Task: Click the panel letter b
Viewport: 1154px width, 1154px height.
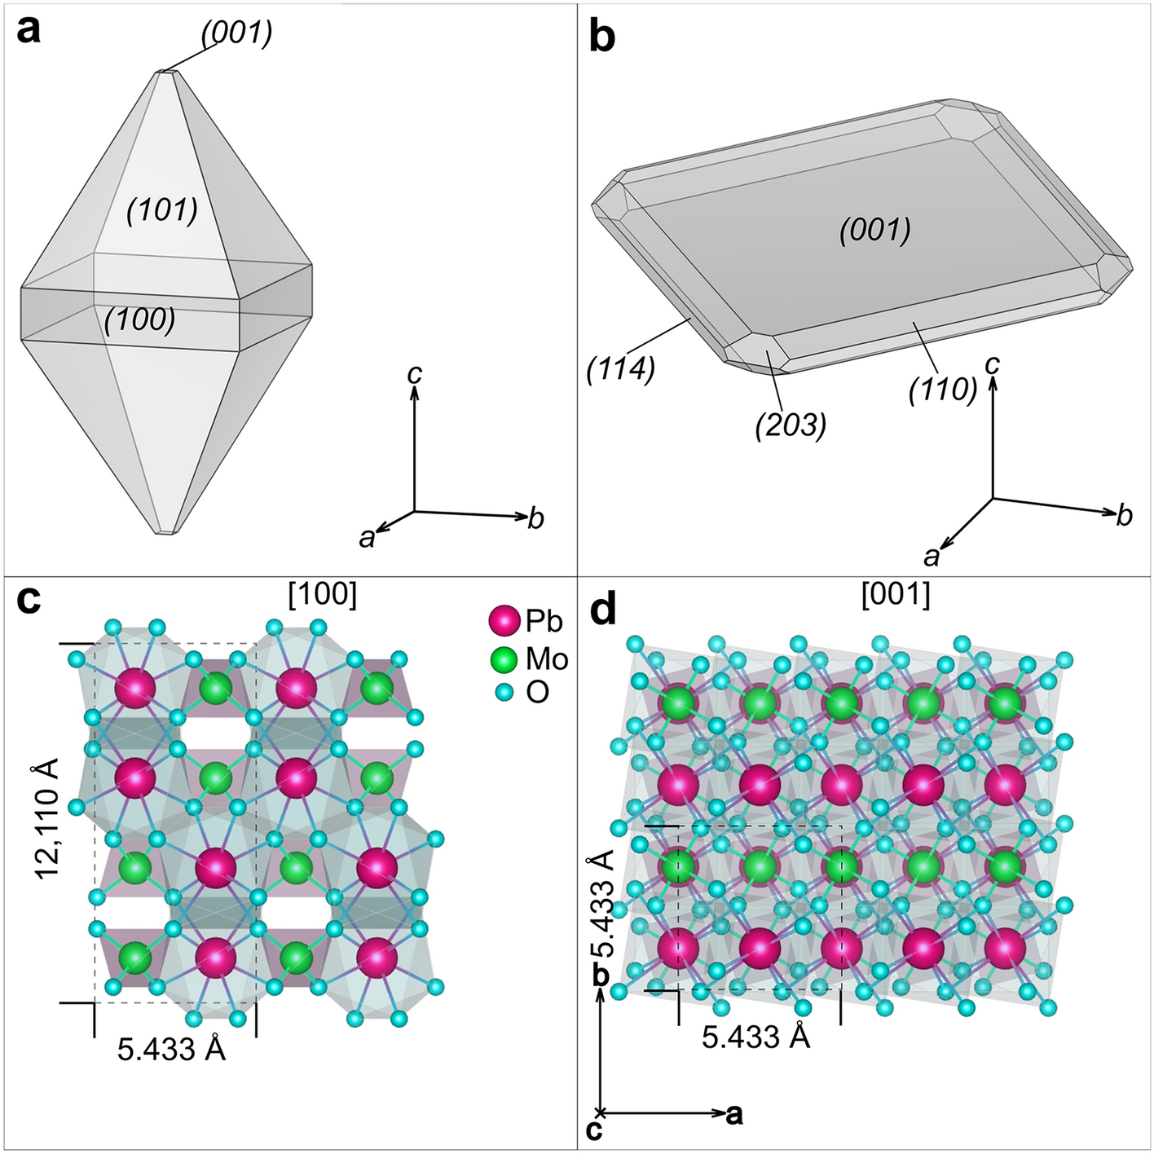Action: (602, 37)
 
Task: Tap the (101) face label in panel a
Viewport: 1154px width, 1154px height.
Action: (162, 210)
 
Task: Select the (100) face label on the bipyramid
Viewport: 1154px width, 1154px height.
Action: (139, 320)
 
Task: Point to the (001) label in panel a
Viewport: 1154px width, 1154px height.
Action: (236, 32)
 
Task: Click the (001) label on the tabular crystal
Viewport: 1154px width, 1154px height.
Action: (874, 231)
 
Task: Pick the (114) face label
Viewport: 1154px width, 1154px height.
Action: (620, 370)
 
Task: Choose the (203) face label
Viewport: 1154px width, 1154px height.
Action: (791, 425)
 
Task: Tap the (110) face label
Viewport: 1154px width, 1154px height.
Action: (943, 390)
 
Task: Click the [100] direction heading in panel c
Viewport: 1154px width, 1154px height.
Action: (323, 595)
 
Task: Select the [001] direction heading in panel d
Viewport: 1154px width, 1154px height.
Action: (896, 595)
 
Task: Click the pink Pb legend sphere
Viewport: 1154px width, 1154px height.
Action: (504, 621)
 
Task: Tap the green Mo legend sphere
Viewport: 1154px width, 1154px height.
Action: (504, 658)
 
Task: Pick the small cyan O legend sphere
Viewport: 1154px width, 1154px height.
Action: (505, 693)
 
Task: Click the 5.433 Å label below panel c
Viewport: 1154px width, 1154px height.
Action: (171, 1049)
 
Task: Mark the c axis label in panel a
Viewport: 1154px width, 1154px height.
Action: (415, 372)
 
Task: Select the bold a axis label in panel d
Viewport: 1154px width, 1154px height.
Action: (734, 1113)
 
